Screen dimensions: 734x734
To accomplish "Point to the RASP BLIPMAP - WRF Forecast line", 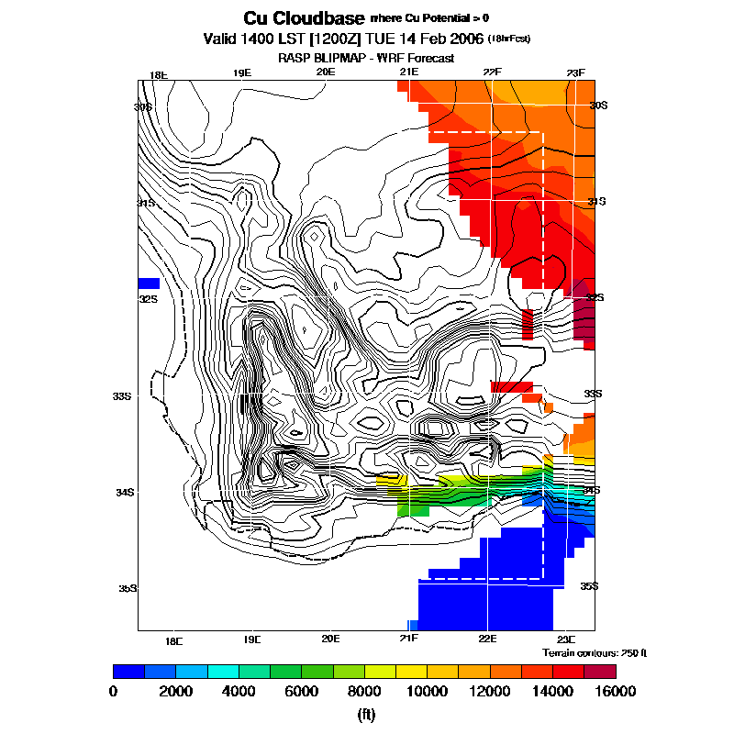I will click(366, 58).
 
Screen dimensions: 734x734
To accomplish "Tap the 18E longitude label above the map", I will click(159, 75).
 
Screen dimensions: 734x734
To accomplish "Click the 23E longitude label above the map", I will click(575, 73).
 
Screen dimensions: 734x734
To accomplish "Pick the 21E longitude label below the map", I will click(408, 639).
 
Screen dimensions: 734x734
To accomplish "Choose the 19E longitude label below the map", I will click(252, 639).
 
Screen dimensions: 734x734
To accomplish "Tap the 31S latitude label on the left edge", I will click(145, 202).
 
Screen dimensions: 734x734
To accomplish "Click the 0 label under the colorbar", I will click(113, 691).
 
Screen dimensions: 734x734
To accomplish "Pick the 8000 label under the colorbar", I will click(364, 691).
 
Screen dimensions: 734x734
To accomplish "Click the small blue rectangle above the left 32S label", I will click(149, 283).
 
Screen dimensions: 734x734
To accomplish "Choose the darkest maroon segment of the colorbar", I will click(601, 672).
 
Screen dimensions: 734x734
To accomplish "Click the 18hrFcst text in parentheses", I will click(509, 39).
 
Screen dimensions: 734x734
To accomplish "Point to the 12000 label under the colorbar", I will click(488, 691).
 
